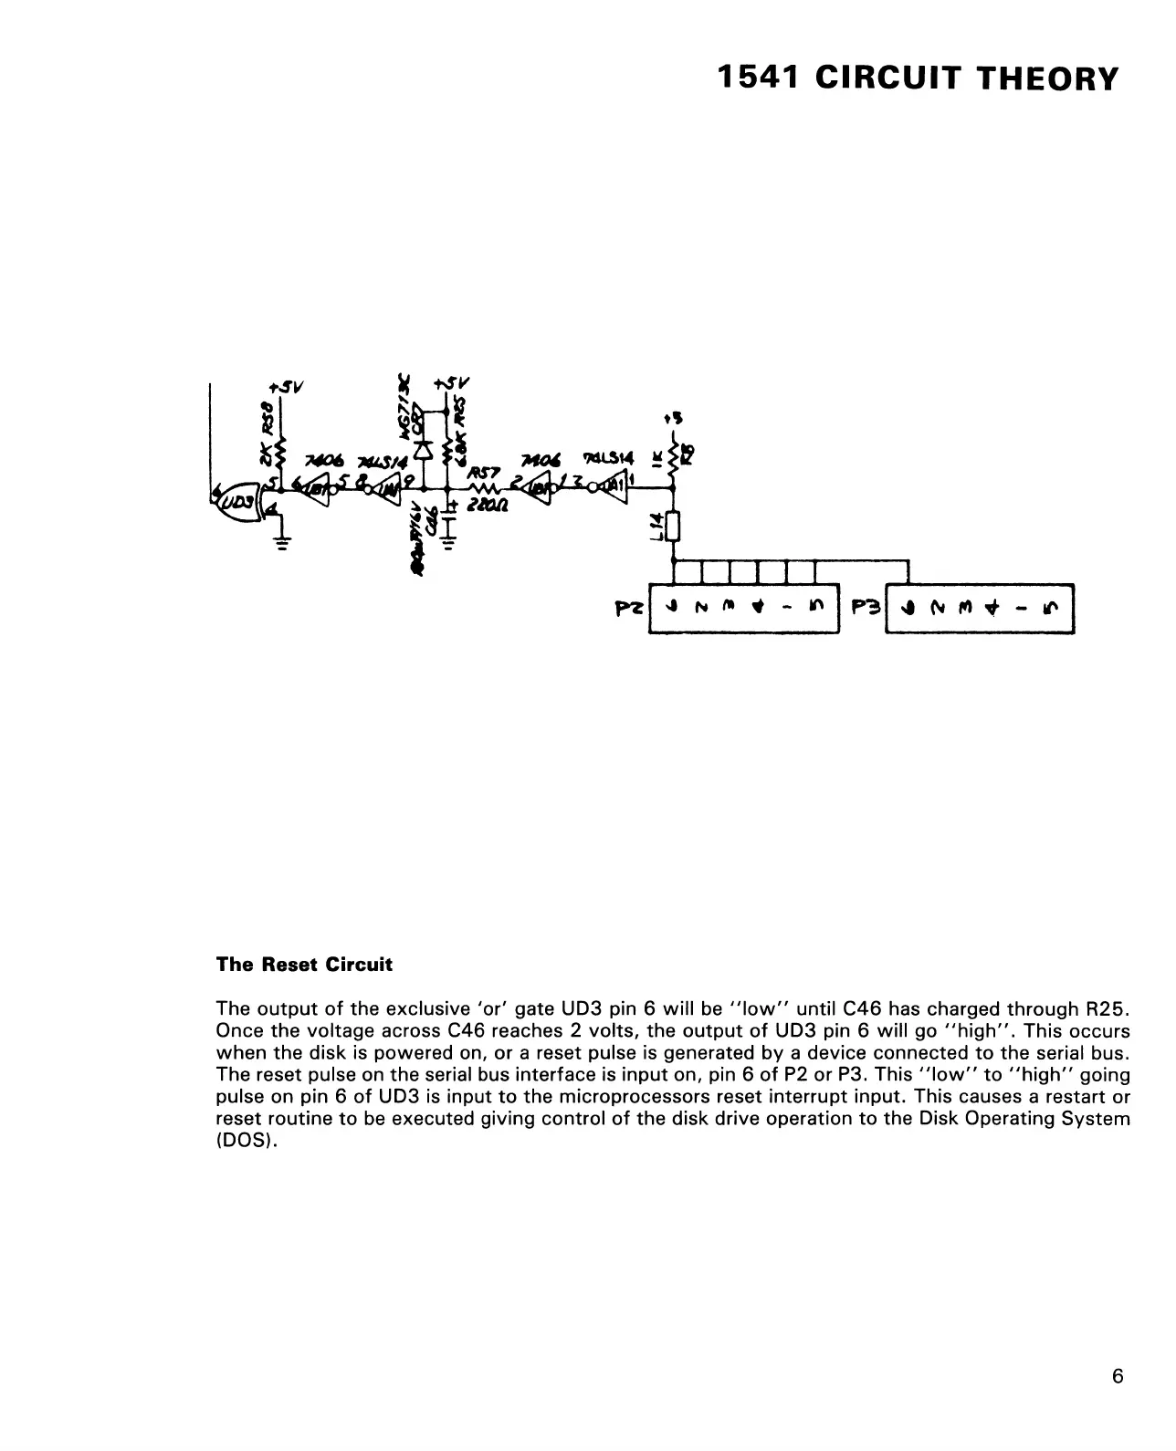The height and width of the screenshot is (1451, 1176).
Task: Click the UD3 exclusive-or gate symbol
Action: [239, 500]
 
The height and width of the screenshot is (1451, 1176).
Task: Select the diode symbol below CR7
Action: [423, 449]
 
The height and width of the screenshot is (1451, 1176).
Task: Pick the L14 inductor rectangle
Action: [674, 527]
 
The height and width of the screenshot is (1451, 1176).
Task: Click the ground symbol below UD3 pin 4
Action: [282, 542]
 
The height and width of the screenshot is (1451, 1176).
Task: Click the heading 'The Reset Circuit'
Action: [304, 965]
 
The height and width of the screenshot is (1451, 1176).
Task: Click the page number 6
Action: [1118, 1376]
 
